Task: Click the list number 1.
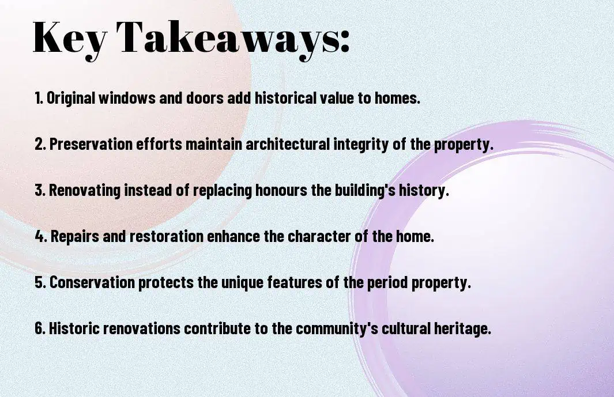pos(39,98)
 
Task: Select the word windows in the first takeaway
pos(127,98)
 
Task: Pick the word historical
pos(285,98)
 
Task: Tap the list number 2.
pos(40,144)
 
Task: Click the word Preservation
pos(91,144)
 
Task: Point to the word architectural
pos(288,144)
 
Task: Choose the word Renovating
pos(85,191)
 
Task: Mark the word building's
pos(365,191)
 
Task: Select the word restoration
pos(167,236)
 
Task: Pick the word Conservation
pos(92,282)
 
